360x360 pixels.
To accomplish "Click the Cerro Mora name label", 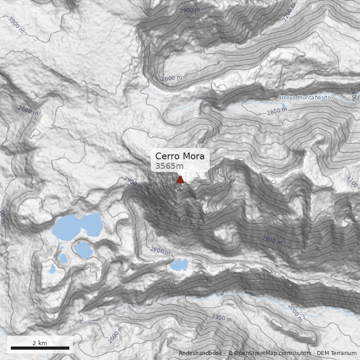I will [x=180, y=156].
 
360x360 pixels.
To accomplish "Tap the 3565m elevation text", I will [x=166, y=166].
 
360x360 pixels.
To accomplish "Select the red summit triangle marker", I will [x=180, y=180].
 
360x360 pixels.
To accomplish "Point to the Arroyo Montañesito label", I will [x=304, y=98].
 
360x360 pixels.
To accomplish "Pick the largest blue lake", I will [x=76, y=226].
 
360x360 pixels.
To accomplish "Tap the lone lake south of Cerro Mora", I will [x=179, y=265].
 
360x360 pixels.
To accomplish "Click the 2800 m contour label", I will [x=28, y=110].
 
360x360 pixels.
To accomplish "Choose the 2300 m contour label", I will [x=221, y=318].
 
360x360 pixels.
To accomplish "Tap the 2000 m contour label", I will [x=295, y=313].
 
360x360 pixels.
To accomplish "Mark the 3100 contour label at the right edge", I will [x=352, y=181].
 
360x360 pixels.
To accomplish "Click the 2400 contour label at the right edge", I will [x=353, y=94].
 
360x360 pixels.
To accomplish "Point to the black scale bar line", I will [x=40, y=348].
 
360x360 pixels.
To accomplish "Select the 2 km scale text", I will [x=40, y=343].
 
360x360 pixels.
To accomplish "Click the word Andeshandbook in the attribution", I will [x=200, y=353].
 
